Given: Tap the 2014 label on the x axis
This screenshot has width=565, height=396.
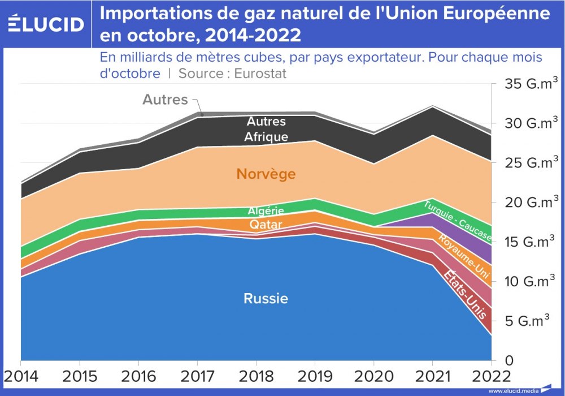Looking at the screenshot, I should click(21, 376).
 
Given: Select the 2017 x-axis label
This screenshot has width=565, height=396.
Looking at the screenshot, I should click(197, 376).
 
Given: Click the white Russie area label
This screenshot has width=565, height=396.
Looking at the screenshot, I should click(266, 299).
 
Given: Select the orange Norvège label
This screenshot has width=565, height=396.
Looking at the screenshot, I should click(266, 174).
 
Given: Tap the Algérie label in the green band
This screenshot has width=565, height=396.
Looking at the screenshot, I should click(266, 211).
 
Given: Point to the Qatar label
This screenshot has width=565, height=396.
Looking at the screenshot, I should click(266, 225).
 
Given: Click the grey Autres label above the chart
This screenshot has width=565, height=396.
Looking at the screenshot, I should click(165, 100).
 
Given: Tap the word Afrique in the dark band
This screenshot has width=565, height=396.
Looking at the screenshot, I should click(266, 136).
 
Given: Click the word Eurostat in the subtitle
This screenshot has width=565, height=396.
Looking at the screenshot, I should click(260, 74).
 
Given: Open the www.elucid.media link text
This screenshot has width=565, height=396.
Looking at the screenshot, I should click(513, 390).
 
